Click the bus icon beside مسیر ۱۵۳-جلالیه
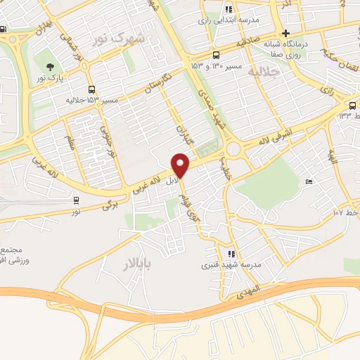click(91, 89)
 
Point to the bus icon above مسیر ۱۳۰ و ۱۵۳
click(216, 55)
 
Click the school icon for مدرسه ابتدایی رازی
click(228, 10)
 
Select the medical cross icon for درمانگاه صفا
click(285, 33)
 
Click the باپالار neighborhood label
click(124, 265)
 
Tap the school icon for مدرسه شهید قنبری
click(231, 254)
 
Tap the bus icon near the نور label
click(76, 199)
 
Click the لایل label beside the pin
click(169, 181)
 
